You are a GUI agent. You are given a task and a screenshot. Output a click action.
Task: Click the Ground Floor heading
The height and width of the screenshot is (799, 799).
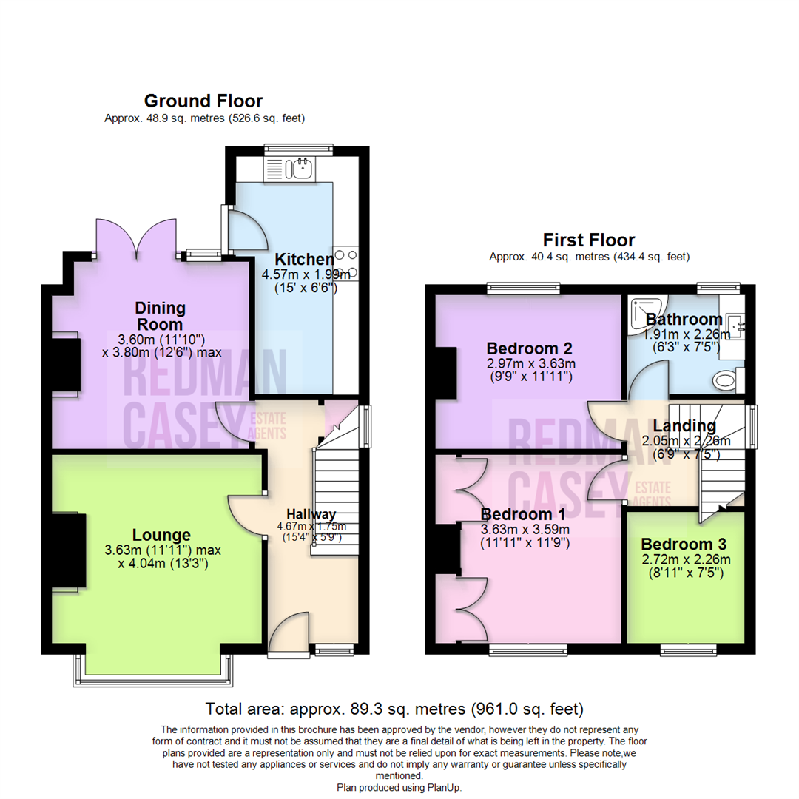tap(203, 101)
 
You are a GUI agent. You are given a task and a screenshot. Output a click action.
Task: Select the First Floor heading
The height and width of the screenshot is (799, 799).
tap(589, 240)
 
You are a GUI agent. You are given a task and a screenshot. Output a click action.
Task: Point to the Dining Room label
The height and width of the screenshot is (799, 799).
tap(160, 316)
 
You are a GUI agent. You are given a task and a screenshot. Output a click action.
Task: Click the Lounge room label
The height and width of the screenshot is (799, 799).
tap(161, 534)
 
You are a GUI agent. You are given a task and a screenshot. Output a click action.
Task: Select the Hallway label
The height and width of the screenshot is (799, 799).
tap(311, 514)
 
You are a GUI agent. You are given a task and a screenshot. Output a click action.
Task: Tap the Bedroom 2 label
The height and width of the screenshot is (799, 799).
tap(529, 348)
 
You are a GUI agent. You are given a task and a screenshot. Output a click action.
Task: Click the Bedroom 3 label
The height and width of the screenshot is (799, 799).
tap(684, 543)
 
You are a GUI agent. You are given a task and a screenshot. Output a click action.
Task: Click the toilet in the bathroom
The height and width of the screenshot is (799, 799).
tap(726, 381)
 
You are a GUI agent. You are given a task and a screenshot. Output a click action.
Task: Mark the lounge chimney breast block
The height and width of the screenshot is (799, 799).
tap(68, 551)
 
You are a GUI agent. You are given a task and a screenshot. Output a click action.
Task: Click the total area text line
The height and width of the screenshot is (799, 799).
tap(394, 709)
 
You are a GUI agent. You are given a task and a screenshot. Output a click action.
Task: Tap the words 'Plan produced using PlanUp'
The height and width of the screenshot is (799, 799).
tap(399, 789)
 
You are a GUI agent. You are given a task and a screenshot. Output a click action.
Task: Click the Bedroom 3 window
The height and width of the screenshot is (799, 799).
tap(688, 650)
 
